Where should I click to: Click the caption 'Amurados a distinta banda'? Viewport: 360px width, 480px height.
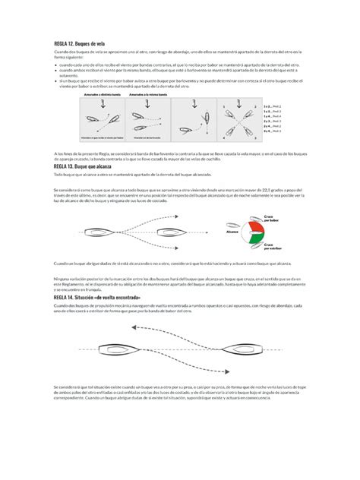point(105,96)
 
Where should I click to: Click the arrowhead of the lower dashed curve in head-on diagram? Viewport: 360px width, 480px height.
point(226,371)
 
